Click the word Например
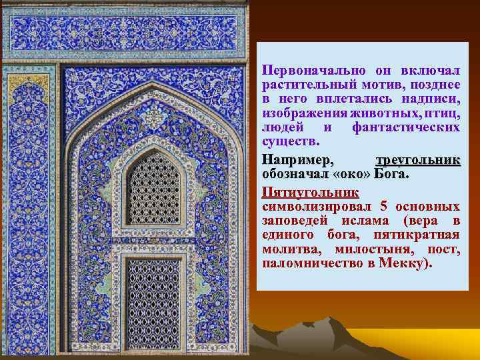[298, 160]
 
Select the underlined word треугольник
[418, 160]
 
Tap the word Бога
[391, 174]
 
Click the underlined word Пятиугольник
[311, 193]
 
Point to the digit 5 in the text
[383, 207]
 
